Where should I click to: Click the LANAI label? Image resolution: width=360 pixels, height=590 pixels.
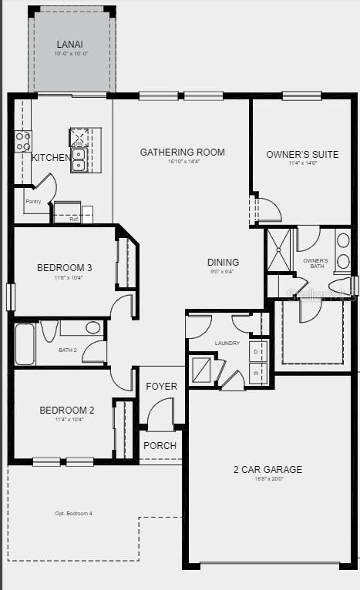(x=70, y=45)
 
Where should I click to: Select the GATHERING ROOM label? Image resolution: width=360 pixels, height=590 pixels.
(x=182, y=152)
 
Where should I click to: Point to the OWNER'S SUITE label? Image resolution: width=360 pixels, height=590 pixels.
(x=302, y=154)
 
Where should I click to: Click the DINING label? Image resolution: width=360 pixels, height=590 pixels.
(x=223, y=262)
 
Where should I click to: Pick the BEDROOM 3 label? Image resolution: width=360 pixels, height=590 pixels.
(x=65, y=268)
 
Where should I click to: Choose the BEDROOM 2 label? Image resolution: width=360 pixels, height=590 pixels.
(x=67, y=411)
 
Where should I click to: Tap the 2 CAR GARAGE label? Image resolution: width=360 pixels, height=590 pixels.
(x=268, y=469)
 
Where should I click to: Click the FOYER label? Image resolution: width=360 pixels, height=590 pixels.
(x=161, y=387)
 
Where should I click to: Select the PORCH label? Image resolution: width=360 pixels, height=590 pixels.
(x=160, y=445)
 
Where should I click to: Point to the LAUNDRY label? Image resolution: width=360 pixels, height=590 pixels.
(x=227, y=343)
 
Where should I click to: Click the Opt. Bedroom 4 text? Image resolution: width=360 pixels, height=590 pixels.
(x=73, y=514)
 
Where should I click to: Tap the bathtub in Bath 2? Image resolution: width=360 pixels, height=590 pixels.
(x=25, y=344)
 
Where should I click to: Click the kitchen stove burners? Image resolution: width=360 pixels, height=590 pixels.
(x=23, y=141)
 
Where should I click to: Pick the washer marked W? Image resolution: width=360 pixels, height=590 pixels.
(x=255, y=373)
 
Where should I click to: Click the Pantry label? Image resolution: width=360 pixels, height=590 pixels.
(x=33, y=201)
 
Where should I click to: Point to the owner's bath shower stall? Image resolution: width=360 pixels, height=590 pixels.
(x=279, y=250)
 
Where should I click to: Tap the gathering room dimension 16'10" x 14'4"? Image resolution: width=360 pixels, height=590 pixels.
(x=182, y=162)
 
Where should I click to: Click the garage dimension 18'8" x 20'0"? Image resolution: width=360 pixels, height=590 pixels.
(x=268, y=478)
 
